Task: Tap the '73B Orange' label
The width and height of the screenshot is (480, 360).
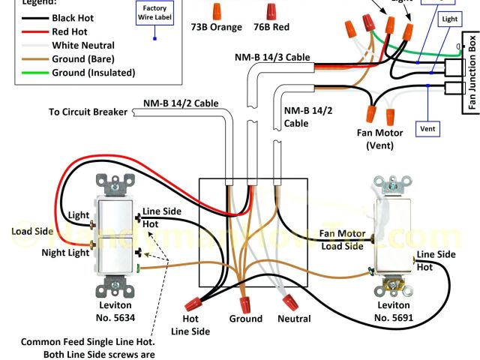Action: tap(216, 28)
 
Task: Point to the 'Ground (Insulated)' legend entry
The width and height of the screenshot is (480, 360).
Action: tap(93, 72)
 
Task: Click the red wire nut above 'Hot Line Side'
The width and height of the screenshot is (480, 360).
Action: tap(195, 306)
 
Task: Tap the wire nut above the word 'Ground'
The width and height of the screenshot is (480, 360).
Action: tap(245, 304)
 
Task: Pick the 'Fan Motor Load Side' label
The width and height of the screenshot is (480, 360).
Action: tap(343, 239)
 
